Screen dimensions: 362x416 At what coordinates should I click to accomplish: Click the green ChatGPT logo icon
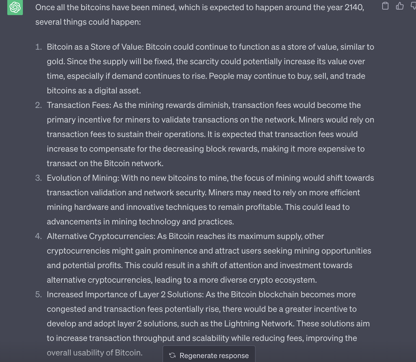pyautogui.click(x=15, y=7)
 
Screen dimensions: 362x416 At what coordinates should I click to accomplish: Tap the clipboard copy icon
pyautogui.click(x=385, y=6)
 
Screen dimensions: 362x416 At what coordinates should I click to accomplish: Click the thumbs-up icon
pyautogui.click(x=400, y=6)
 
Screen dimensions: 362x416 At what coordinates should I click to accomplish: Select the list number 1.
pyautogui.click(x=38, y=47)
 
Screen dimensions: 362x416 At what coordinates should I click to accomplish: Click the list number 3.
pyautogui.click(x=38, y=178)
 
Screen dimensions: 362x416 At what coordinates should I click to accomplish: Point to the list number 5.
pyautogui.click(x=38, y=294)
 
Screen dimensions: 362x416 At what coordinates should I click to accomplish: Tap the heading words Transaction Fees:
pyautogui.click(x=79, y=105)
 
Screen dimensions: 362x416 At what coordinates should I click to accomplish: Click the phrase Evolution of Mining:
pyautogui.click(x=83, y=178)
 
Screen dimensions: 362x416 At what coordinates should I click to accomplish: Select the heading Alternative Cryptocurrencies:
pyautogui.click(x=101, y=236)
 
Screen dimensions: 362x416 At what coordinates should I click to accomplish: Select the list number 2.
pyautogui.click(x=38, y=105)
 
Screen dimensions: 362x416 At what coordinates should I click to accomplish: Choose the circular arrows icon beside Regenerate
pyautogui.click(x=172, y=355)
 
